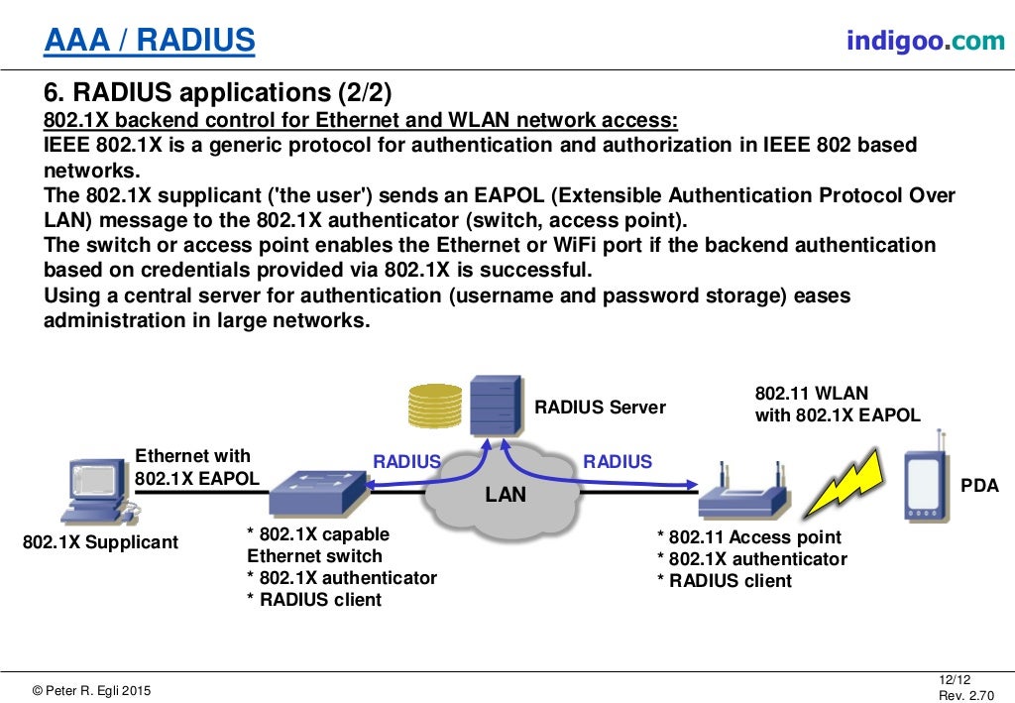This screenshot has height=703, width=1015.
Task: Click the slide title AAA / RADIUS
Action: tap(149, 41)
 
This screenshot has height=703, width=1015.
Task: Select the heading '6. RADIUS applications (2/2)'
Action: tap(218, 93)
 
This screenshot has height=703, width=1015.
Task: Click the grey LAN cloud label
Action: tap(506, 494)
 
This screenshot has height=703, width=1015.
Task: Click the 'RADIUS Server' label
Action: tap(600, 408)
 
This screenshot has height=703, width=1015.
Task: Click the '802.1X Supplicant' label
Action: tap(100, 542)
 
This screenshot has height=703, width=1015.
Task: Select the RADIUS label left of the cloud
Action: tap(406, 461)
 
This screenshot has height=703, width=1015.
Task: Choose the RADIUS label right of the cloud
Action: tap(618, 461)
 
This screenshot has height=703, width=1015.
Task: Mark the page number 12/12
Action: tap(953, 679)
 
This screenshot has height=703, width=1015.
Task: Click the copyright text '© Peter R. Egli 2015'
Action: tap(92, 690)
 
